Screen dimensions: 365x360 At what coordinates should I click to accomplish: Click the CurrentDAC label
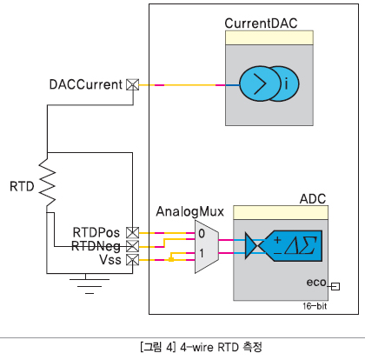click(261, 23)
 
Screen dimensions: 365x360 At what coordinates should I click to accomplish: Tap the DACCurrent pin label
click(86, 84)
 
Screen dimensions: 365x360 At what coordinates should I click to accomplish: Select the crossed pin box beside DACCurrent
click(133, 85)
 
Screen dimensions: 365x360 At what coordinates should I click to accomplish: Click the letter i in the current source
click(286, 84)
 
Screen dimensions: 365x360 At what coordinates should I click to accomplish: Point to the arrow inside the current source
click(260, 83)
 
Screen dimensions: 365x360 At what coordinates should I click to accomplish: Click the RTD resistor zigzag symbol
click(47, 183)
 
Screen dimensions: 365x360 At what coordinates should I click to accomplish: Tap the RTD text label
click(22, 186)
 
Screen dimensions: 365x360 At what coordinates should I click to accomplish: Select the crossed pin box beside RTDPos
click(133, 233)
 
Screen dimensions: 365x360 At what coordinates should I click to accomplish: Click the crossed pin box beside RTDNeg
click(133, 246)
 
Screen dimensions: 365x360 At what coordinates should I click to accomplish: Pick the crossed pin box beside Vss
click(133, 260)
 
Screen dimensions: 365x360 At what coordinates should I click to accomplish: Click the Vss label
click(110, 260)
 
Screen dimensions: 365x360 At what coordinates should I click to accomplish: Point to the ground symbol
click(90, 283)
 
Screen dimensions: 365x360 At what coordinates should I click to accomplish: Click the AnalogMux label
click(190, 211)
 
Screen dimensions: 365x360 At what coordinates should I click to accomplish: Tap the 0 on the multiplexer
click(202, 233)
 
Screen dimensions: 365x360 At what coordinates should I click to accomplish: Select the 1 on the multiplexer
click(202, 254)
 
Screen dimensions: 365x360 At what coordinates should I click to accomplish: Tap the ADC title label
click(313, 199)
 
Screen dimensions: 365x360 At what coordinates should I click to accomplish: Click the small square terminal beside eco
click(335, 286)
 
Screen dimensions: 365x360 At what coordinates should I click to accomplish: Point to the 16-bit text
click(315, 306)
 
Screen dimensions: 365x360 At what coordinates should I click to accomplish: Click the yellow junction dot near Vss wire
click(171, 259)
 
